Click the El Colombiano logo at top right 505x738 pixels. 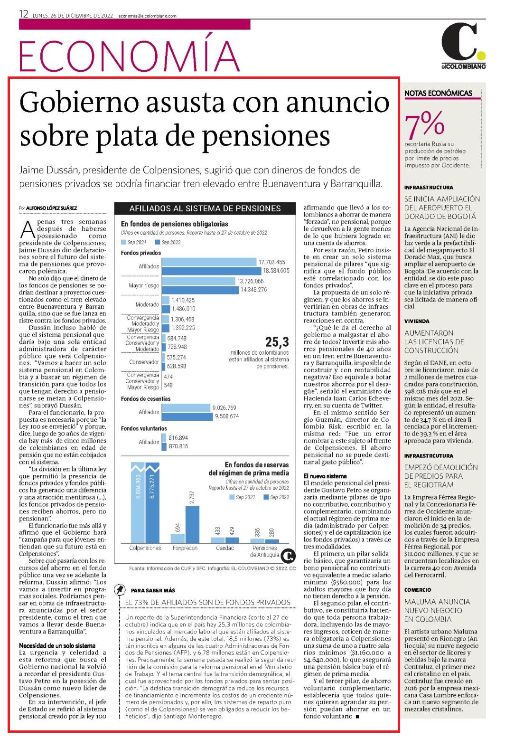[x=464, y=46]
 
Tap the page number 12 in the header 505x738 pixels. [x=24, y=14]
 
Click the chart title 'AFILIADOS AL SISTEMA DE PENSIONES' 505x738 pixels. [x=205, y=208]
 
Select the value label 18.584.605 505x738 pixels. [x=276, y=271]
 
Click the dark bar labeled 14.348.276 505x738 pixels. [x=200, y=290]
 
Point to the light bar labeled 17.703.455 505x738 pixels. [x=209, y=262]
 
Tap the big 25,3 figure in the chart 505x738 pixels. [x=277, y=342]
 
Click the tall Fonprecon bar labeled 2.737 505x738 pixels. [x=192, y=524]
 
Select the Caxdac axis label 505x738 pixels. [x=225, y=548]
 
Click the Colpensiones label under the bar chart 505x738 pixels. [x=145, y=548]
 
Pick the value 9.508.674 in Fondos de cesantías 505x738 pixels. [x=227, y=416]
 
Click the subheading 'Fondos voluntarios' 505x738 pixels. [x=144, y=428]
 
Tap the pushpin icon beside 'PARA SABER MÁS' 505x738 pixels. [x=120, y=590]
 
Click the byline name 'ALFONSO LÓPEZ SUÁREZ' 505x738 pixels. [x=51, y=208]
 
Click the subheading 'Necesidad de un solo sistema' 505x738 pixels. [x=57, y=645]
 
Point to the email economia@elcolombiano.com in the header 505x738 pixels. [x=147, y=16]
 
